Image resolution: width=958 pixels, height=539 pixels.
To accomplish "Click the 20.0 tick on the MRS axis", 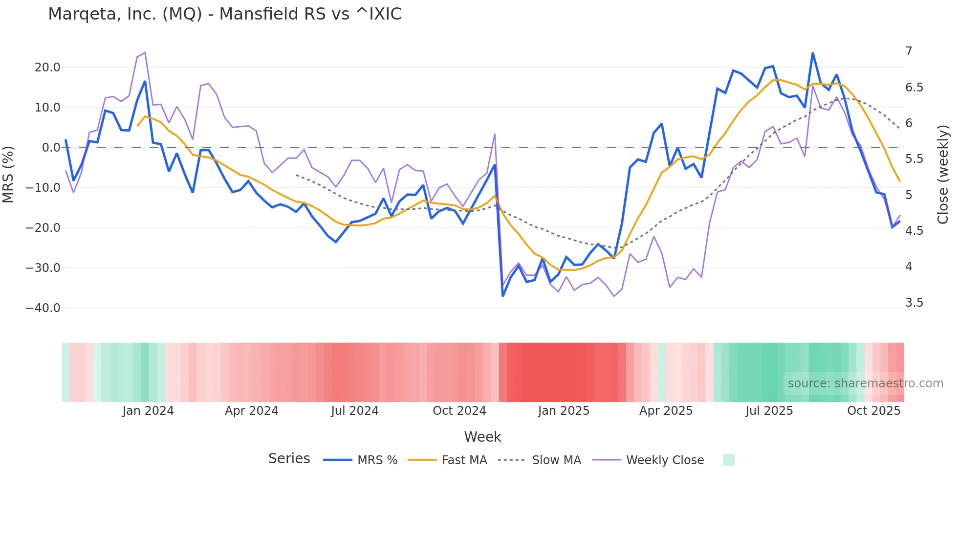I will pos(47,67).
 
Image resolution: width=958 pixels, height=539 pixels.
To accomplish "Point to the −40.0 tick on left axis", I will pos(43,308).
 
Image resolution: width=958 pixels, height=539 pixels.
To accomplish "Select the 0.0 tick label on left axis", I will pos(51,148).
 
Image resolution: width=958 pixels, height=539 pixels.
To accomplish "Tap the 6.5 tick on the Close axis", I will pos(914,88).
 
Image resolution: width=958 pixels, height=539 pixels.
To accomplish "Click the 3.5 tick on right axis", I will pos(914,303).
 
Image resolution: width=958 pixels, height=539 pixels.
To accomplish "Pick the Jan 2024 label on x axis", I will pos(148,411).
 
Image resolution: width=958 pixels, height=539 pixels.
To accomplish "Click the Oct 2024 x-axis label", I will pos(459,411).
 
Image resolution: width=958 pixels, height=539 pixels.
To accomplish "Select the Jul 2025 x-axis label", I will pos(769,411).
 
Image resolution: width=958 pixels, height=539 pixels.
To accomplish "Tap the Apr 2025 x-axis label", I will pos(666,411).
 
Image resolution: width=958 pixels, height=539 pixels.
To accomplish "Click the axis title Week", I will pos(482,437).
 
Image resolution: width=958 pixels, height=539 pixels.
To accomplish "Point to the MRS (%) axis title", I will pos(8,175).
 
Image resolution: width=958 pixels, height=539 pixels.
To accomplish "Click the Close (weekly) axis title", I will pos(943,175).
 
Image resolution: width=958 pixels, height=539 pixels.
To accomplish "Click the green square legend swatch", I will pos(728,460).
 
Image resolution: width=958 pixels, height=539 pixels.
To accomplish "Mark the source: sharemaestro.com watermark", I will pos(865,383).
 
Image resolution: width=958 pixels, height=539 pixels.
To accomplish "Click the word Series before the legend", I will pos(289,459).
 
